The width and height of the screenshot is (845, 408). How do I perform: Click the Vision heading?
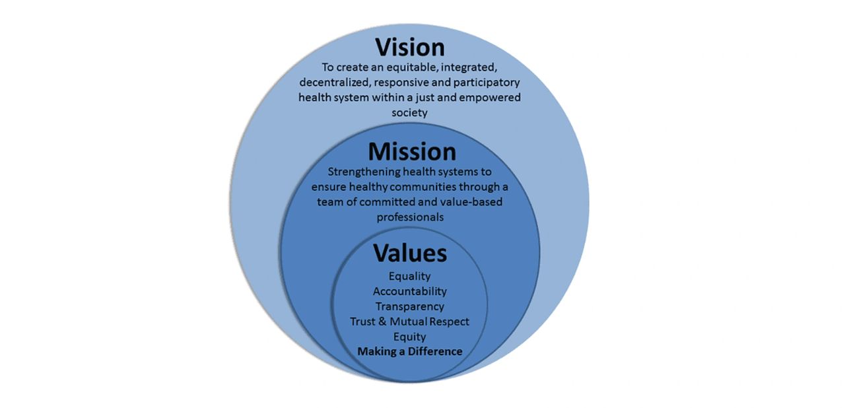click(x=410, y=48)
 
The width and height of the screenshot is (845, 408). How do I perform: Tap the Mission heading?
click(x=412, y=152)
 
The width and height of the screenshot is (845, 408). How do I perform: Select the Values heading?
click(x=410, y=253)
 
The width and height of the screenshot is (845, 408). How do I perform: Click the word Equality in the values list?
click(x=410, y=277)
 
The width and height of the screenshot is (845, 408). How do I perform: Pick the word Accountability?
click(x=410, y=292)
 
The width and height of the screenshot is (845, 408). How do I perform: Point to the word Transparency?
click(x=410, y=306)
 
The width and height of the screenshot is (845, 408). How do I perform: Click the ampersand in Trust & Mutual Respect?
click(x=382, y=322)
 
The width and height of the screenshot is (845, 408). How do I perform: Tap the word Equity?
click(x=410, y=337)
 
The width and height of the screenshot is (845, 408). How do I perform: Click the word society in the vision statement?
click(x=410, y=113)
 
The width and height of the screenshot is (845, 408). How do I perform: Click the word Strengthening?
click(x=364, y=172)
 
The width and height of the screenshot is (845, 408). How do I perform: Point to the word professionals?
click(x=410, y=217)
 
